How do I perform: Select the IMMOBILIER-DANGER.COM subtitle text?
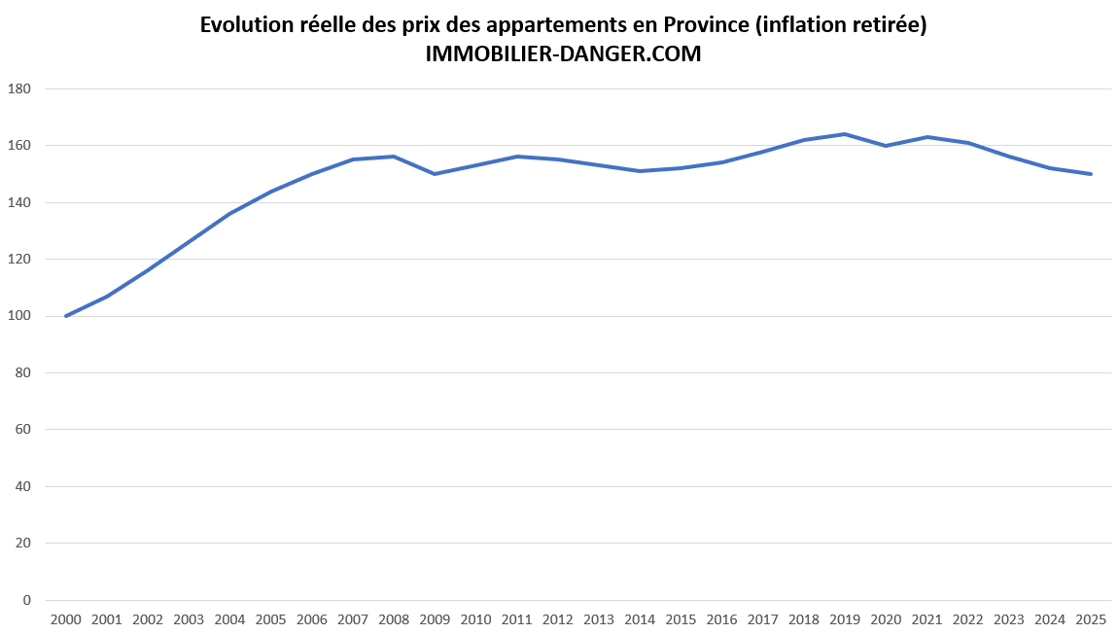[563, 55]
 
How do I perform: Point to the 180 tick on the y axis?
[19, 88]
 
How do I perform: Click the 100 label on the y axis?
[19, 316]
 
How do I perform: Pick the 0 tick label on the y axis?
[27, 600]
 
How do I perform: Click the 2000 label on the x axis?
[65, 619]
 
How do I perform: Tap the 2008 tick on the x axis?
[394, 619]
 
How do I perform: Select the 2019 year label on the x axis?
[845, 619]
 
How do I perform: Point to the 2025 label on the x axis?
[1091, 619]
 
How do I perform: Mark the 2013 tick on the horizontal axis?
[599, 619]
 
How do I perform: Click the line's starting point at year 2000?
[65, 316]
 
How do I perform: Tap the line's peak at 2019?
[845, 134]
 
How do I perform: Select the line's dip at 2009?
[435, 174]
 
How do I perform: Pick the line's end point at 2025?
[1091, 174]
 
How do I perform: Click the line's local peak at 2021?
[926, 137]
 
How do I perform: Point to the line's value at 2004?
[229, 214]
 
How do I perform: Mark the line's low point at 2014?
[640, 171]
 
